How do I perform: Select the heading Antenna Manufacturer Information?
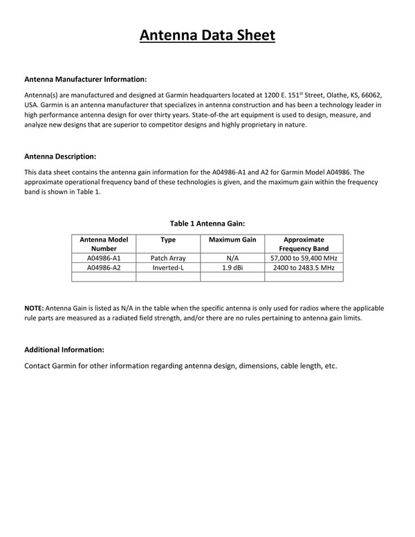click(x=85, y=79)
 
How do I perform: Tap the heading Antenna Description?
click(x=60, y=156)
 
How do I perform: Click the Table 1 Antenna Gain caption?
click(x=207, y=223)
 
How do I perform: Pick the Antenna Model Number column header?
click(x=104, y=244)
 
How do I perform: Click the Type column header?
click(x=168, y=239)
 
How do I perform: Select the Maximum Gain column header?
click(x=232, y=239)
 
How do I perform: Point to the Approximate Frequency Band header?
click(x=304, y=244)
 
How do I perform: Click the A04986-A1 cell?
click(x=104, y=257)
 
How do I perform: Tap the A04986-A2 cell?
click(x=104, y=267)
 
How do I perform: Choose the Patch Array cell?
click(x=168, y=257)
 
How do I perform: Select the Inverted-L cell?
click(x=168, y=267)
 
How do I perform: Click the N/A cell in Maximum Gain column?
click(x=232, y=257)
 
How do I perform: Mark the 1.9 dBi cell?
click(x=232, y=267)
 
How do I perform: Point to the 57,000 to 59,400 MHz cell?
click(x=304, y=257)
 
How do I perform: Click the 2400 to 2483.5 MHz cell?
click(x=304, y=267)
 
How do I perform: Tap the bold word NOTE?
click(x=34, y=307)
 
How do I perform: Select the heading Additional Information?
click(x=64, y=349)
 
